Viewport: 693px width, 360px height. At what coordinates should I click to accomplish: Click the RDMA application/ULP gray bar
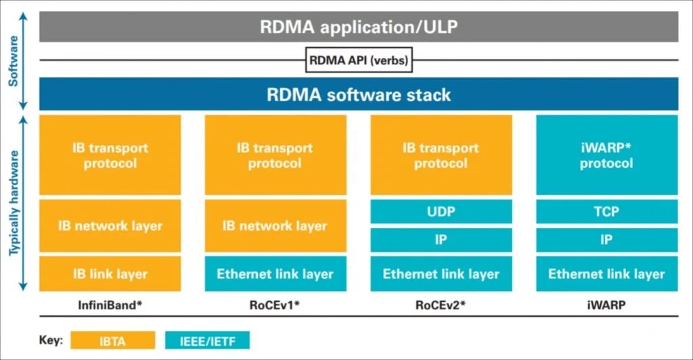pyautogui.click(x=359, y=28)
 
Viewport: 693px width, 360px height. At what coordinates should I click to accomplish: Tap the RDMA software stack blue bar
pyautogui.click(x=359, y=94)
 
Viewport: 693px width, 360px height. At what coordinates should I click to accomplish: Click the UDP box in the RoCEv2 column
pyautogui.click(x=441, y=212)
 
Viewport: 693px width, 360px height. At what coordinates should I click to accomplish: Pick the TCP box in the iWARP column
pyautogui.click(x=606, y=212)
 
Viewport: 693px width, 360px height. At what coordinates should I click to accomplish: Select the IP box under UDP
pyautogui.click(x=441, y=240)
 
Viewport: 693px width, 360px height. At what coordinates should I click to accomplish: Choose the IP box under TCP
pyautogui.click(x=606, y=240)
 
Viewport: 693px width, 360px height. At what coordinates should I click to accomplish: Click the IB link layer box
pyautogui.click(x=110, y=274)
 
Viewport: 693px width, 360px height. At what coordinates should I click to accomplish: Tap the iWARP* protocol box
pyautogui.click(x=606, y=156)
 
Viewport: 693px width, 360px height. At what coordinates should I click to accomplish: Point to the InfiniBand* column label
pyautogui.click(x=110, y=305)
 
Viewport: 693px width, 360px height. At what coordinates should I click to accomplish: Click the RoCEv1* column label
pyautogui.click(x=275, y=305)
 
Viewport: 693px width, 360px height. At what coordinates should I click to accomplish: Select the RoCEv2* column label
pyautogui.click(x=441, y=305)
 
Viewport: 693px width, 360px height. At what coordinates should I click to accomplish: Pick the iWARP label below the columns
pyautogui.click(x=606, y=305)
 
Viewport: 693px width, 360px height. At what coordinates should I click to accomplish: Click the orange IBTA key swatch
pyautogui.click(x=112, y=340)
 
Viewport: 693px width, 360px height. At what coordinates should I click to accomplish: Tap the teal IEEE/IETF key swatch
pyautogui.click(x=207, y=340)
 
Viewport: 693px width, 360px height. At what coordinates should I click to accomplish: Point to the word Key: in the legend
pyautogui.click(x=51, y=340)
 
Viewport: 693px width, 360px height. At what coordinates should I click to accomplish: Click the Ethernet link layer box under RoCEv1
pyautogui.click(x=275, y=274)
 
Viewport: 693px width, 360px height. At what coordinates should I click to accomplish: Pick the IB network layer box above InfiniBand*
pyautogui.click(x=110, y=226)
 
